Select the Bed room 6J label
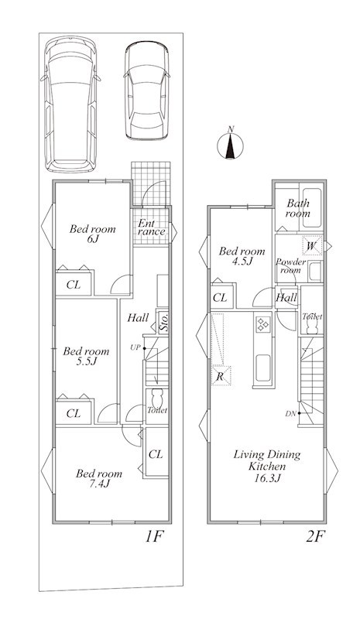tap(92, 234)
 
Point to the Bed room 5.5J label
tap(86, 356)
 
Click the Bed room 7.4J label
tap(99, 478)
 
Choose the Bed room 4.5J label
tap(242, 256)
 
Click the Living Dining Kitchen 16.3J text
tap(267, 467)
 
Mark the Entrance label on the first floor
tap(151, 227)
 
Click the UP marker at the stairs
tap(135, 347)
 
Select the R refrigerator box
tap(221, 376)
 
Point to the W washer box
tap(312, 245)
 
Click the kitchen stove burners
tap(262, 324)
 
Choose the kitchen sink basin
tap(262, 368)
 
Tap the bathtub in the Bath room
tap(312, 207)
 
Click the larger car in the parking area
tap(70, 104)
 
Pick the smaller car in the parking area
tap(146, 91)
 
